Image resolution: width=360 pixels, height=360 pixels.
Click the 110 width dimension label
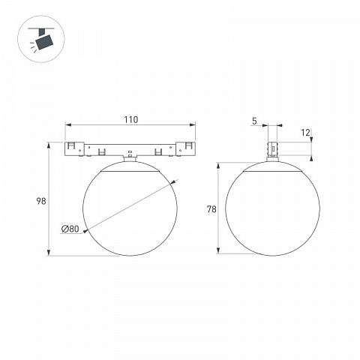[131, 120]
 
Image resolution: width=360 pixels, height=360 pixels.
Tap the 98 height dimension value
[41, 201]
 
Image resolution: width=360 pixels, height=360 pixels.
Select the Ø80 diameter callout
[70, 229]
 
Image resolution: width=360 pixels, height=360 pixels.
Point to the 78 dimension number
[211, 209]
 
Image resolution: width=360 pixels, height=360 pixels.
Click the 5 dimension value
[254, 121]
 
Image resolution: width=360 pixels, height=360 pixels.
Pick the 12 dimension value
[305, 133]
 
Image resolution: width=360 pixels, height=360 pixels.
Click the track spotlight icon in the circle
[41, 39]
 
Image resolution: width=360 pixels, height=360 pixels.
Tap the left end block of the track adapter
[74, 149]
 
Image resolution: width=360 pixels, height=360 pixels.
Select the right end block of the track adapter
[185, 149]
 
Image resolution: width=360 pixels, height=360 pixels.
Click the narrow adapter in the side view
[272, 149]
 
